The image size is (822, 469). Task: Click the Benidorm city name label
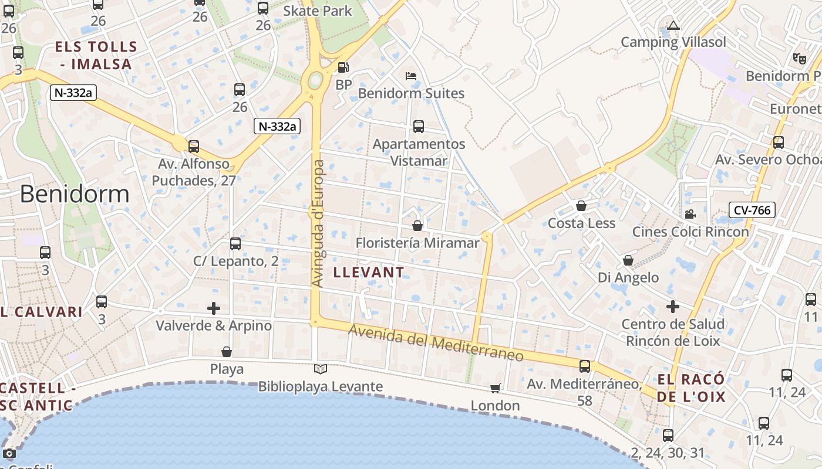click(x=75, y=194)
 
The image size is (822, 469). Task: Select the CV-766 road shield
click(x=752, y=210)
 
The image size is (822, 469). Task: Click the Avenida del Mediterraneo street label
click(x=436, y=343)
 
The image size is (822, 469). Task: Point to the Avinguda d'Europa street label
click(x=318, y=223)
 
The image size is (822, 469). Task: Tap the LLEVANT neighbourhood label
click(x=369, y=272)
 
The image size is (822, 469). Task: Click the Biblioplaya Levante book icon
click(x=320, y=369)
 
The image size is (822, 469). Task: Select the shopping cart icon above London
click(x=496, y=389)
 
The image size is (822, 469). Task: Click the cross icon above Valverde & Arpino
click(x=214, y=308)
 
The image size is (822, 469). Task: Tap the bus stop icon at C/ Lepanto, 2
click(x=235, y=244)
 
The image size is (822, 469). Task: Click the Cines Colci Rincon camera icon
click(x=690, y=215)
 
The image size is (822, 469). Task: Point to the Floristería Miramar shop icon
click(x=417, y=226)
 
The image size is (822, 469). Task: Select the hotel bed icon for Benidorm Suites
click(x=411, y=76)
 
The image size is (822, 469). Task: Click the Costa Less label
click(x=581, y=223)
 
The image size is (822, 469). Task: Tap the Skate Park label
click(x=318, y=11)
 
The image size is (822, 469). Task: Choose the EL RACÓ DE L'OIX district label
click(x=691, y=388)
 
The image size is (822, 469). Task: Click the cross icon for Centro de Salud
click(x=673, y=307)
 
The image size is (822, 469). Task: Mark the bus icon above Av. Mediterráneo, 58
click(x=585, y=366)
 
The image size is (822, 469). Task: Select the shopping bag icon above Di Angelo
click(x=628, y=260)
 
